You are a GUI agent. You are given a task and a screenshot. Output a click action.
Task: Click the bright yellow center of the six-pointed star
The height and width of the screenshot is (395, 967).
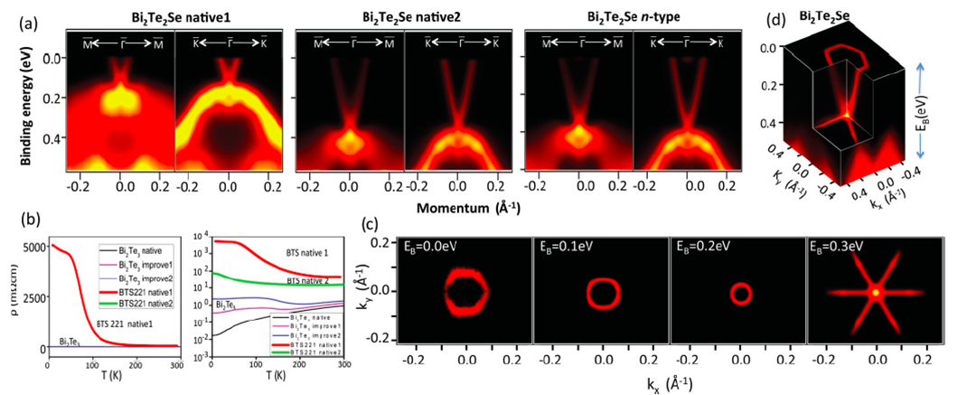875,293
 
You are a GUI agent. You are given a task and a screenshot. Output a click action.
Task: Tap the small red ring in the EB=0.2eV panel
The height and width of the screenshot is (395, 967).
741,293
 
